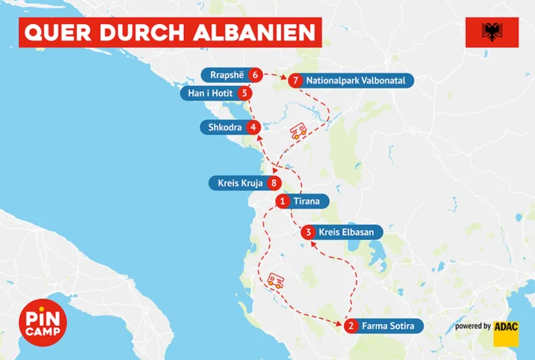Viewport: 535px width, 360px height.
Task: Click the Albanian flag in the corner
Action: [490, 33]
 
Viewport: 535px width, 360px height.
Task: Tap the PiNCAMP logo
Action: [41, 324]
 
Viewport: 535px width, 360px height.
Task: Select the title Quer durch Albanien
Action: [170, 33]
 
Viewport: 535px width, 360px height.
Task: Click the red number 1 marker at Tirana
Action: [283, 202]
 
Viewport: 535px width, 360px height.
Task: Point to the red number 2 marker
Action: [350, 326]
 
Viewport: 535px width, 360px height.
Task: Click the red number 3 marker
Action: [308, 233]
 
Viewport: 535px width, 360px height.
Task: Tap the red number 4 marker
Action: [252, 127]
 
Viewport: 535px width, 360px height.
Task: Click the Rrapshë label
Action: [226, 75]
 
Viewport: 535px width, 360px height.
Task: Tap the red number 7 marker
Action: [295, 80]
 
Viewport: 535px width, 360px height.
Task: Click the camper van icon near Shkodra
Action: [297, 131]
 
